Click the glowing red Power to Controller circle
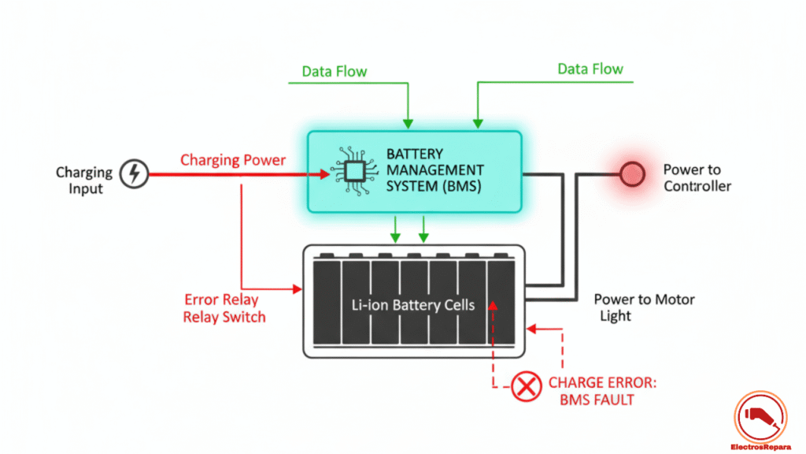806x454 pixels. pos(633,174)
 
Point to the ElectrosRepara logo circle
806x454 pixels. pos(760,414)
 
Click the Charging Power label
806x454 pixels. pos(233,160)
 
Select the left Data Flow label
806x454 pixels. pos(335,72)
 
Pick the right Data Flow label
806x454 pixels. pos(590,69)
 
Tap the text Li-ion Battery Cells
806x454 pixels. pos(414,304)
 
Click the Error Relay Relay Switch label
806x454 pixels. pos(224,309)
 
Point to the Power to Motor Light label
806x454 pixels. pos(644,307)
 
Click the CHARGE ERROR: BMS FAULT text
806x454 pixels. pos(602,391)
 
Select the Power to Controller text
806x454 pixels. pos(697,178)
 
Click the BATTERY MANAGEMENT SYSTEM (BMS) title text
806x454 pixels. pos(434,170)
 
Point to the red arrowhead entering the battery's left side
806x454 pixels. pos(298,289)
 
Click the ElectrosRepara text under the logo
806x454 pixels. pos(760,445)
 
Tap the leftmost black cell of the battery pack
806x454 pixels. pos(326,303)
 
